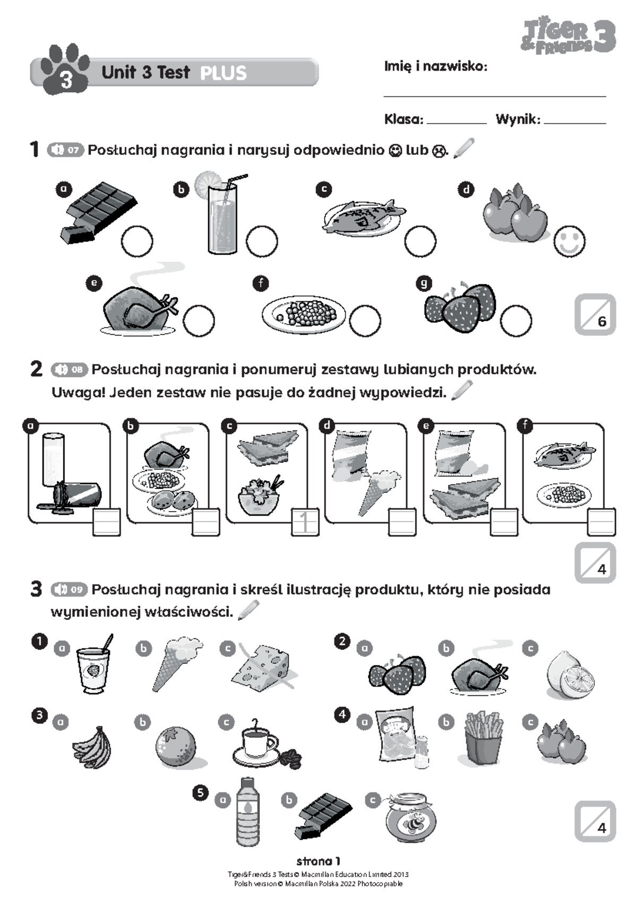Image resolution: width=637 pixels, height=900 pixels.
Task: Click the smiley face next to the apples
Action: click(x=570, y=241)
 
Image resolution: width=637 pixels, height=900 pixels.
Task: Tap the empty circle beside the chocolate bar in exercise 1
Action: click(x=137, y=241)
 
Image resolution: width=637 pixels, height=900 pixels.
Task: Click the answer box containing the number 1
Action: click(x=305, y=522)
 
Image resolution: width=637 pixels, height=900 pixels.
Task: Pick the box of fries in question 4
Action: click(x=483, y=738)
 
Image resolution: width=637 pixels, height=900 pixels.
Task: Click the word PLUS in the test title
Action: click(x=223, y=73)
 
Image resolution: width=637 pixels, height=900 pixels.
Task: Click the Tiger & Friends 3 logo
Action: click(x=568, y=36)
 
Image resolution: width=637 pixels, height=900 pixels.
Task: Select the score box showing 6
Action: click(x=595, y=316)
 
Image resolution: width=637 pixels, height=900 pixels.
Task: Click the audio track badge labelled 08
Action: click(x=70, y=369)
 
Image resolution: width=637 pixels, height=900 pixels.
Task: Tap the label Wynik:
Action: click(x=518, y=119)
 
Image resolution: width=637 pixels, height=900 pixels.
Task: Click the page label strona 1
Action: click(x=318, y=861)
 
